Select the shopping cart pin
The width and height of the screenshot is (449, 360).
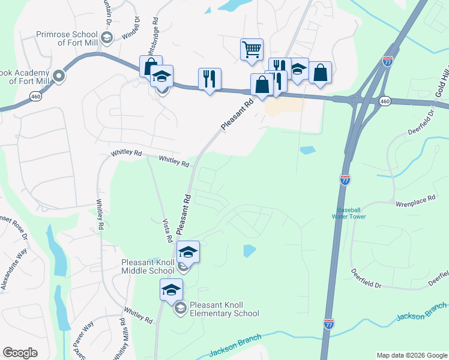click(x=252, y=49)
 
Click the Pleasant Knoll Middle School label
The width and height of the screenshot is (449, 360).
click(x=148, y=266)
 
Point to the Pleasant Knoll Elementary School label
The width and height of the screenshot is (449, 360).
click(x=224, y=309)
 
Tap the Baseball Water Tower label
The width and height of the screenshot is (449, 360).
click(x=351, y=213)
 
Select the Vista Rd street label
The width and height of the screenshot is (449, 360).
click(x=169, y=230)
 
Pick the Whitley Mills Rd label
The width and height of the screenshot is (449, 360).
click(x=124, y=342)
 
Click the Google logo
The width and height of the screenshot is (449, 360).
click(x=20, y=353)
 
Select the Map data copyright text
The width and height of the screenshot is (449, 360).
click(x=411, y=355)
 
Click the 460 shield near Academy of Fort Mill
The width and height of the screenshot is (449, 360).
click(x=37, y=97)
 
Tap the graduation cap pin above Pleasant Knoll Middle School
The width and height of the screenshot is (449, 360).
click(x=188, y=251)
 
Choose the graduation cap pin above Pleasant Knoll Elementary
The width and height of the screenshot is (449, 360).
click(x=171, y=290)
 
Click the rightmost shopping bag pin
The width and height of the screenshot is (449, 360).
click(x=320, y=73)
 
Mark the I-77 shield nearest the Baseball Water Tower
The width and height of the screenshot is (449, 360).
click(x=345, y=179)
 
